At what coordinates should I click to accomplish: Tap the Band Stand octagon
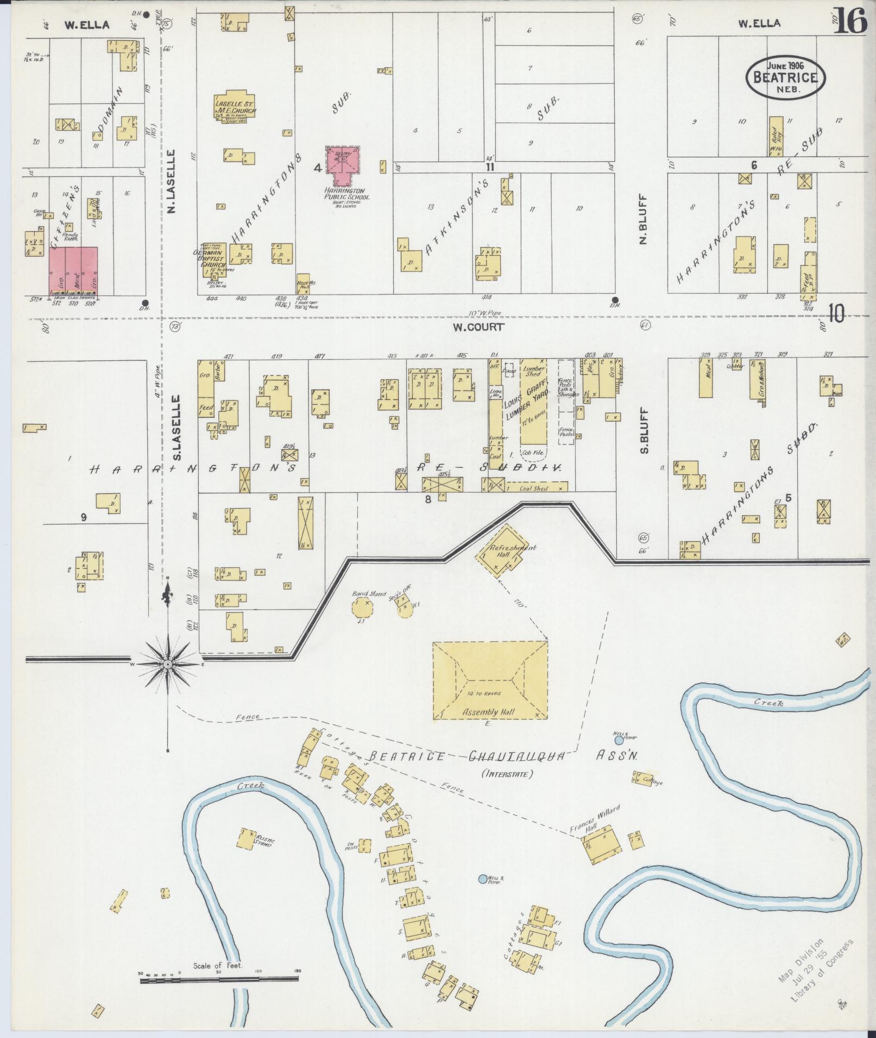pos(361,607)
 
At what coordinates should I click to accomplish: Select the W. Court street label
pos(478,327)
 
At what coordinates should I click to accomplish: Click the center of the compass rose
pos(167,664)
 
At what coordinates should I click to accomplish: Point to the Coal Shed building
pos(534,488)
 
